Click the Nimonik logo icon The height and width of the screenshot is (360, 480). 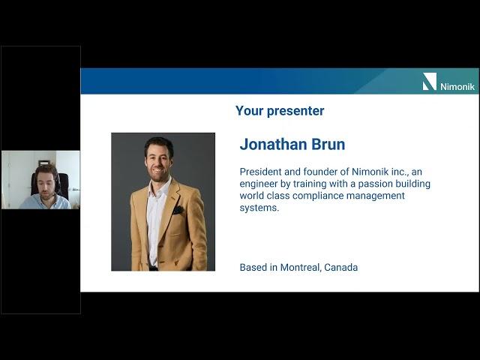click(x=430, y=82)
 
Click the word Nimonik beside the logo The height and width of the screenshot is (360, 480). click(x=457, y=87)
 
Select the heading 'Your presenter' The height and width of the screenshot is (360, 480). click(x=280, y=111)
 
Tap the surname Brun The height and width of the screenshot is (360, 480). click(x=328, y=144)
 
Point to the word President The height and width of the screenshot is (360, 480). click(x=260, y=172)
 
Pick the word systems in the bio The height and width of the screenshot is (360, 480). click(x=259, y=208)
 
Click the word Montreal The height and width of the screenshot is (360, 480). click(x=301, y=267)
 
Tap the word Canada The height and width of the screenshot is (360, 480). click(x=341, y=267)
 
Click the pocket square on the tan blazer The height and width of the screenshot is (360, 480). click(x=178, y=210)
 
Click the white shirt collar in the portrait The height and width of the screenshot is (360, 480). click(x=159, y=187)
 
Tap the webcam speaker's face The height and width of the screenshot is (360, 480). click(x=46, y=183)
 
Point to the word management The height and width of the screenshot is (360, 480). click(x=376, y=196)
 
